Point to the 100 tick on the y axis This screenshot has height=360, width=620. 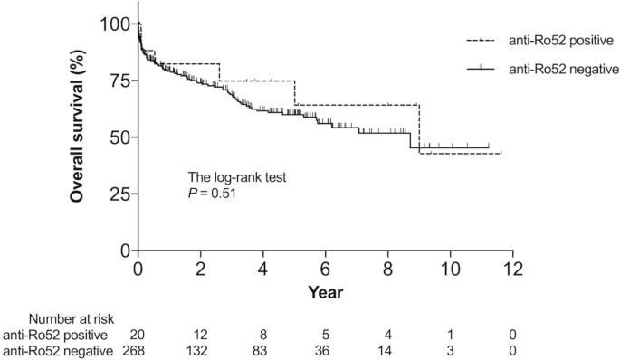pos(115,24)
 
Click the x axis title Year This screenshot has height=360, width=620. pos(324,291)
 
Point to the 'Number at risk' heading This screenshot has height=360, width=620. pos(70,318)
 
